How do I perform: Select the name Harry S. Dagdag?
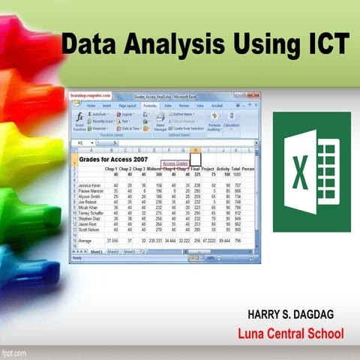coord(279,312)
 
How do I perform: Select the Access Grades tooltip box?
coord(175,163)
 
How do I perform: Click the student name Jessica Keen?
coord(90,184)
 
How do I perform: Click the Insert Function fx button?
coord(79,121)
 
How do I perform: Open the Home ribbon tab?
coord(91,106)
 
